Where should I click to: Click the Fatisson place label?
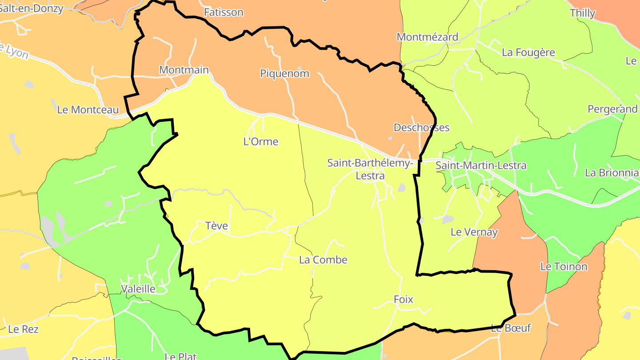click(224, 12)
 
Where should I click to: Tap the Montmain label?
click(184, 70)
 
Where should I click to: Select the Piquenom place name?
click(284, 73)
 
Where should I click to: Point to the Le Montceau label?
click(88, 110)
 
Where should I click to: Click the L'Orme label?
click(261, 142)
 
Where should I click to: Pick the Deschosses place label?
click(421, 128)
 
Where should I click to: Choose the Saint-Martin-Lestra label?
click(481, 165)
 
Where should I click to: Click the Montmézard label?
click(427, 37)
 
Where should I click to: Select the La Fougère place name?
click(528, 52)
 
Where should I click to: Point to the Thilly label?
click(582, 13)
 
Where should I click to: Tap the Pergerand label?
click(612, 109)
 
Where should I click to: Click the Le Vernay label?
click(474, 232)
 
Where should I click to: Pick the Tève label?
click(217, 226)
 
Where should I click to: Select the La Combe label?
click(323, 260)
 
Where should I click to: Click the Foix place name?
click(403, 300)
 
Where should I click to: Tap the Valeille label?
click(138, 289)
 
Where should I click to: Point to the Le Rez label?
click(24, 329)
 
